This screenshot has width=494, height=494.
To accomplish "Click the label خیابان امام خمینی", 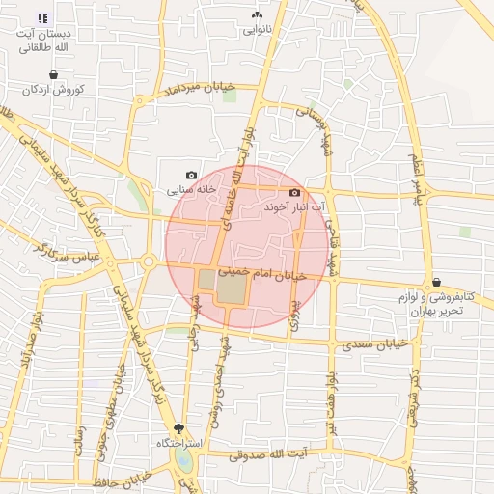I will coord(262,275).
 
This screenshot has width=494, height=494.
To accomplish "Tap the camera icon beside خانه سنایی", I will coord(191,176).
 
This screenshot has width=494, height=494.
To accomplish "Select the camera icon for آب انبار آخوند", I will coord(294,192).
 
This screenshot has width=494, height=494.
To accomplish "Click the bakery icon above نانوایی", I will coord(257,15).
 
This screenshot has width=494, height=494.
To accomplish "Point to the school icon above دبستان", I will coord(41,18).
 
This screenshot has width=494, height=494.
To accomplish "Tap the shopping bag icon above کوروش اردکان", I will coord(52,74).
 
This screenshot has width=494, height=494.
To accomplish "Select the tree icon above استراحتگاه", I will coord(178,428).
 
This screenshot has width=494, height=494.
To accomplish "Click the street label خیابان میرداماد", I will coord(201,89).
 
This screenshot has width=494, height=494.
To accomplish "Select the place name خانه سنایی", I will coord(189,190).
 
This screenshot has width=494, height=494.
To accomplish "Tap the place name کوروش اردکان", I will coord(56,89).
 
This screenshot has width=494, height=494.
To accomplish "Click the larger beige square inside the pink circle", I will coord(232,288).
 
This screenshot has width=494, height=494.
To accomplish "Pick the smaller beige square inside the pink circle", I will coord(206,280).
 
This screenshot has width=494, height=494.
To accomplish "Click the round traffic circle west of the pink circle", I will coord(149,261).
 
